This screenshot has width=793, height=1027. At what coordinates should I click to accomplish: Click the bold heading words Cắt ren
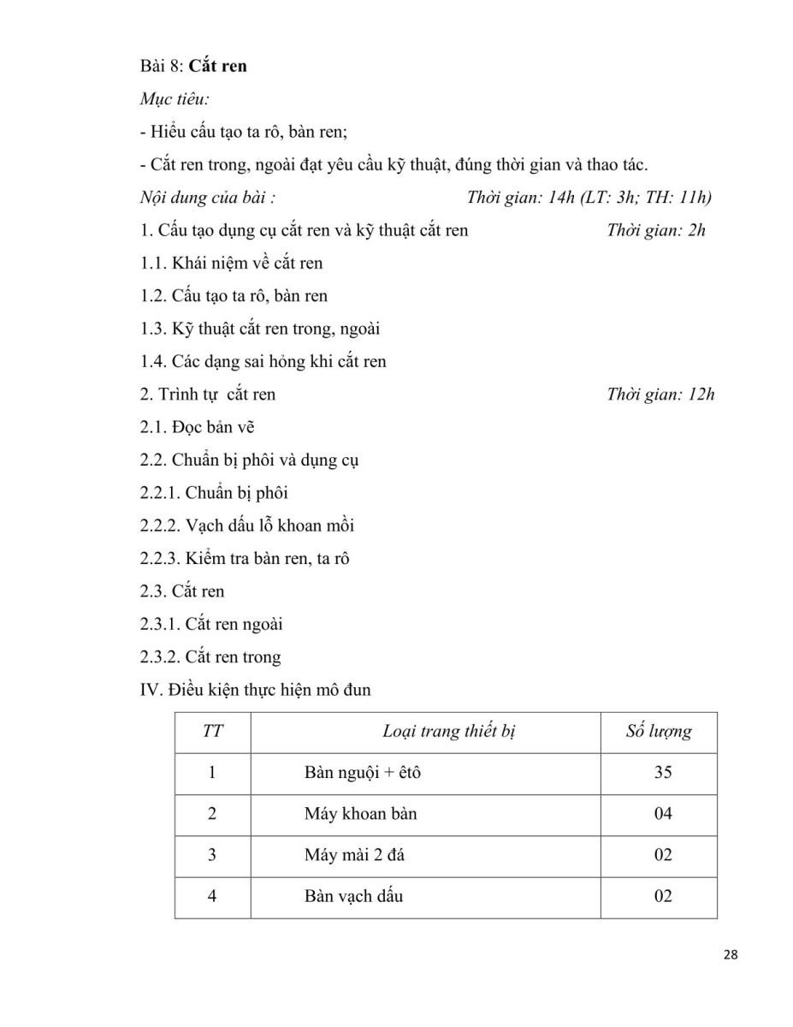click(x=217, y=66)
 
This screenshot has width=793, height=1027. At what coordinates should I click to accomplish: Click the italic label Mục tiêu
click(x=175, y=98)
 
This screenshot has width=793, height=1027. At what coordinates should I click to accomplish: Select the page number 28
click(x=730, y=955)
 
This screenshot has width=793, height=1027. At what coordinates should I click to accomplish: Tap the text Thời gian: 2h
click(x=655, y=230)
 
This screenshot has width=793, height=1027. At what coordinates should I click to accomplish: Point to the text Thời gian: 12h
click(x=660, y=394)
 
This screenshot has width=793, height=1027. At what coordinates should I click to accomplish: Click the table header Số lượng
click(x=659, y=732)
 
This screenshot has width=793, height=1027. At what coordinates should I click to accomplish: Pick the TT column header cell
click(x=212, y=732)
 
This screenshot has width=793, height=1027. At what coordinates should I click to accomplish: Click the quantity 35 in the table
click(x=662, y=773)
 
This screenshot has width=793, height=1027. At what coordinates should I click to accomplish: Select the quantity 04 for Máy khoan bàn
click(x=662, y=814)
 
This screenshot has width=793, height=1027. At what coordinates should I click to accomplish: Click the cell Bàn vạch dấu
click(x=353, y=896)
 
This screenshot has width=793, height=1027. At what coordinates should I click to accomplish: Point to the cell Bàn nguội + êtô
click(x=363, y=773)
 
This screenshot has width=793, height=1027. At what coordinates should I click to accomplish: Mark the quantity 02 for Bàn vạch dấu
click(x=662, y=896)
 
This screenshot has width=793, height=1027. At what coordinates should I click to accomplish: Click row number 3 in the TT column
click(x=212, y=855)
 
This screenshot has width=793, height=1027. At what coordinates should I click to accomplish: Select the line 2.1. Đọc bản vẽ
click(x=197, y=427)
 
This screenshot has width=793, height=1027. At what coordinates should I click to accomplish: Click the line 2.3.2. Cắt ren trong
click(x=210, y=656)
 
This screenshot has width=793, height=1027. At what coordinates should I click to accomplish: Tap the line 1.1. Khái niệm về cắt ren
click(x=232, y=263)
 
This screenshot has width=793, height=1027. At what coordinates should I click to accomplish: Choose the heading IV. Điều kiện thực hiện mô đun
click(x=255, y=689)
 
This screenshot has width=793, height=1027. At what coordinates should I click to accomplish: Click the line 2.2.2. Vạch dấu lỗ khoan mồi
click(x=247, y=525)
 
